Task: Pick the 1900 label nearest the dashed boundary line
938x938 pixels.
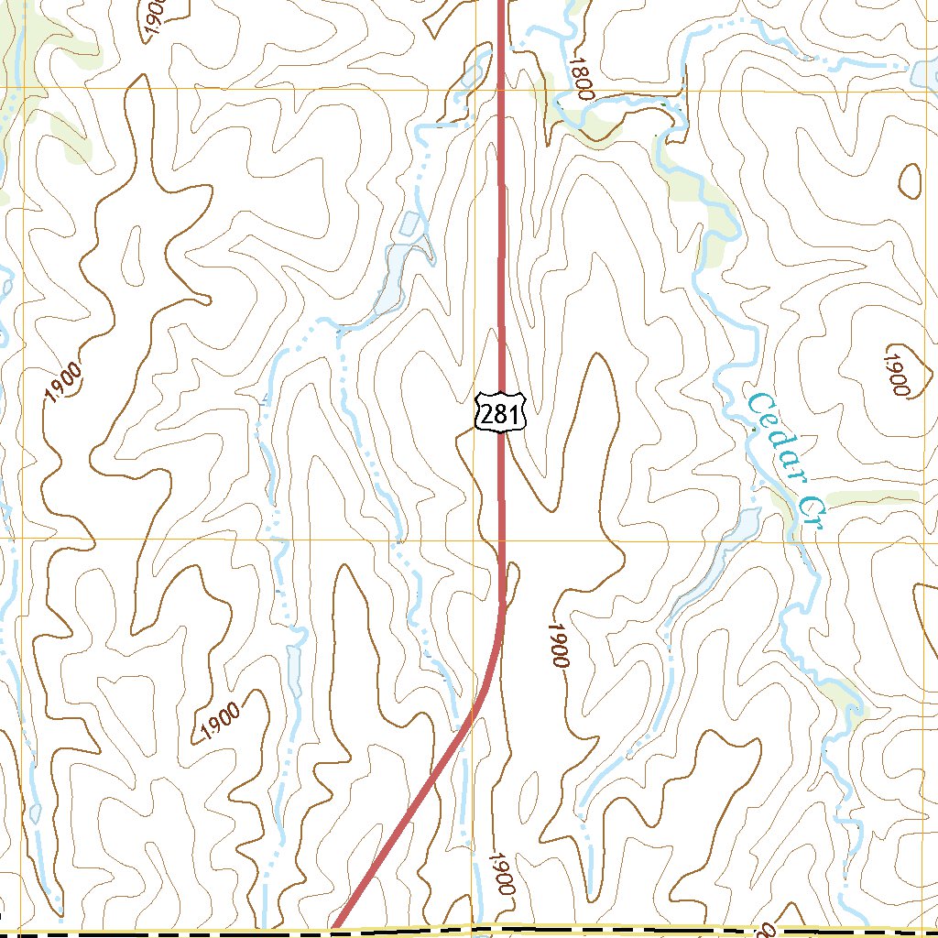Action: (501, 874)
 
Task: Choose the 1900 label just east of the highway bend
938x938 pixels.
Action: (558, 645)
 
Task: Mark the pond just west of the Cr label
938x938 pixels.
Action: (744, 524)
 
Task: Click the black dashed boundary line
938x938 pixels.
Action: (183, 934)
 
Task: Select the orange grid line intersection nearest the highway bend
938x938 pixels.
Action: (475, 540)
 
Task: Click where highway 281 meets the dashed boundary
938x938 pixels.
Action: (335, 930)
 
